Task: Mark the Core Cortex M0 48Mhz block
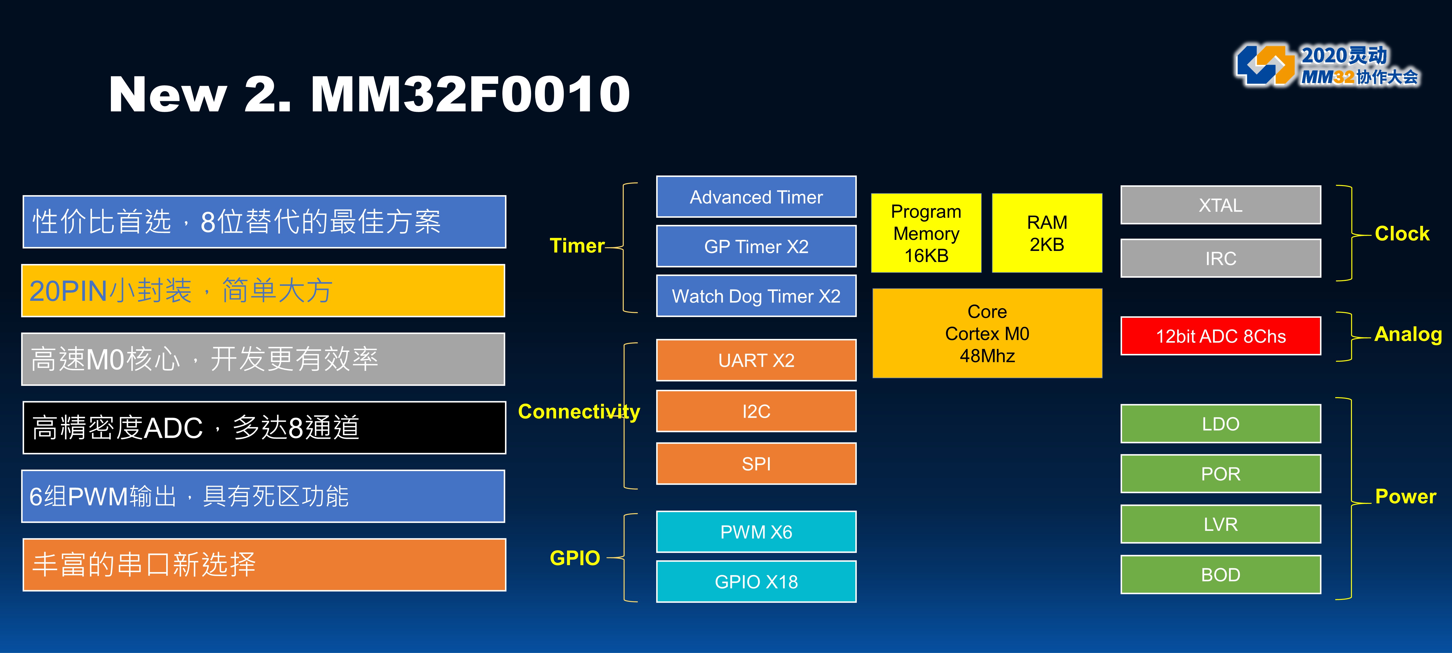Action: (987, 333)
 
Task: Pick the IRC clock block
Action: (1220, 258)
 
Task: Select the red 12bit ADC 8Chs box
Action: (1220, 336)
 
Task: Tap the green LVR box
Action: (1220, 524)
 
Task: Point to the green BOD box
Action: (1220, 574)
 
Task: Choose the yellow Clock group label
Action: (1402, 233)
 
